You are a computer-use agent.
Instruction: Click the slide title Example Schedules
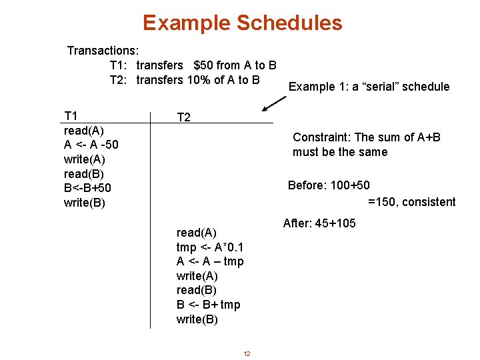(x=242, y=23)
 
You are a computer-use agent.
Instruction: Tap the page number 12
(x=247, y=353)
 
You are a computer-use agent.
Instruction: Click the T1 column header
(x=70, y=115)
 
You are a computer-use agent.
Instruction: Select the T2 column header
(x=183, y=117)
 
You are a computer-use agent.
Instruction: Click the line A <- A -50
(x=91, y=145)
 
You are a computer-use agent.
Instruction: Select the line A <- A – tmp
(x=210, y=261)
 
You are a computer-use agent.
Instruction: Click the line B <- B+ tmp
(x=208, y=305)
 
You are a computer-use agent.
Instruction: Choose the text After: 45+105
(x=319, y=223)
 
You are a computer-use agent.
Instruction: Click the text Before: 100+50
(x=328, y=185)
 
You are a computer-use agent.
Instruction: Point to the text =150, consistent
(x=411, y=202)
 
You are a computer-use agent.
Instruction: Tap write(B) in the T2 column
(x=197, y=319)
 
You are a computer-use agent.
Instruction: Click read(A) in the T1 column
(x=84, y=130)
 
